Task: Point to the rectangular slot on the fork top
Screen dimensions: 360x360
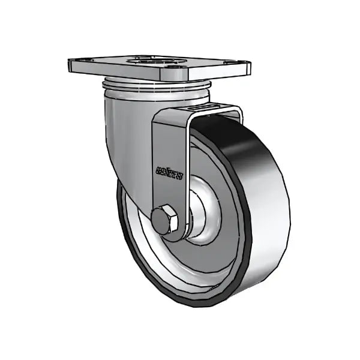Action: click(x=207, y=108)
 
